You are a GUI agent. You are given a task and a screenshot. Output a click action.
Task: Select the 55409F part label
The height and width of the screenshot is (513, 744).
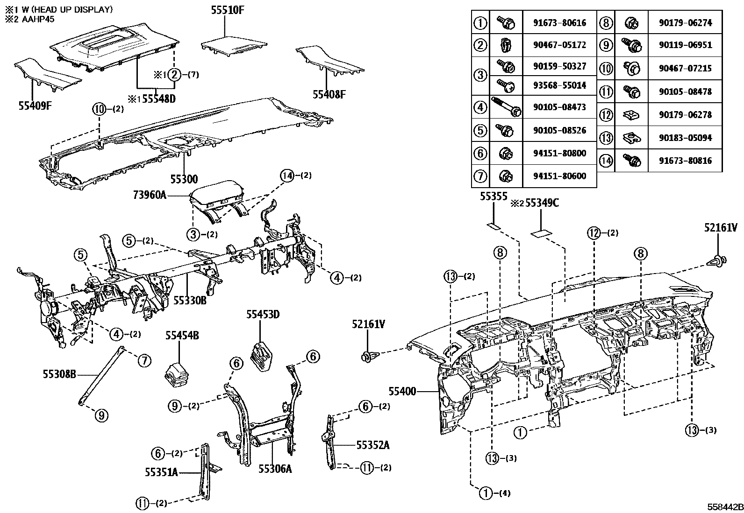(x=35, y=105)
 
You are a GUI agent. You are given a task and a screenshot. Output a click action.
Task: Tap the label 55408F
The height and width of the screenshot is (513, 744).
(x=329, y=95)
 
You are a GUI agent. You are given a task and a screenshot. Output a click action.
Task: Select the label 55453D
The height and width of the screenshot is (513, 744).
(x=263, y=315)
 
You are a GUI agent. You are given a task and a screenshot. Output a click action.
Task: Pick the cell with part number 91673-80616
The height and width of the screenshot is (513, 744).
(x=559, y=23)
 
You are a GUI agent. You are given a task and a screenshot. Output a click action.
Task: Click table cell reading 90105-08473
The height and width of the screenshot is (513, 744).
(x=559, y=107)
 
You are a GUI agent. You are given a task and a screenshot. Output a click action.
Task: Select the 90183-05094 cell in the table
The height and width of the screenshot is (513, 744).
(x=685, y=138)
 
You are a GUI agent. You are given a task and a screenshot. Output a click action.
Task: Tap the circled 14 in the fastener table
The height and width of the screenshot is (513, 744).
(x=606, y=161)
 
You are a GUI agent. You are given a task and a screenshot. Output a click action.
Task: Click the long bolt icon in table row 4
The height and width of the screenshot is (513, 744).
(x=505, y=107)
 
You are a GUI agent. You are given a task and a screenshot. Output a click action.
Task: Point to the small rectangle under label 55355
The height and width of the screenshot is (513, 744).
(x=494, y=226)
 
